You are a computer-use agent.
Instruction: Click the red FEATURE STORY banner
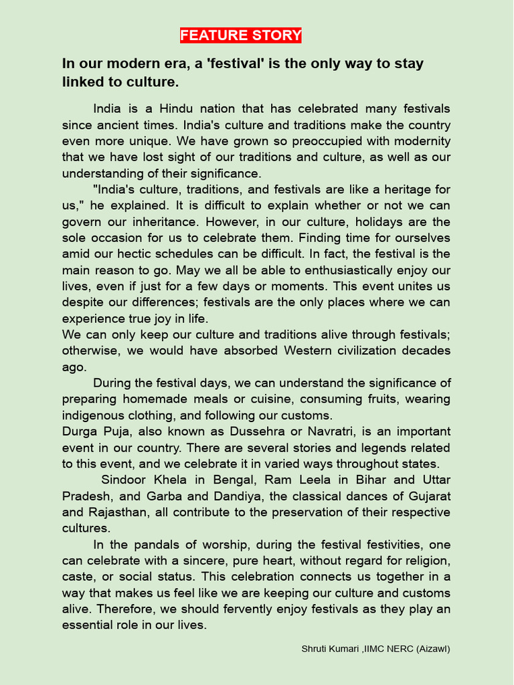click(240, 35)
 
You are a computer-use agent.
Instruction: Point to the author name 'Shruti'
click(314, 649)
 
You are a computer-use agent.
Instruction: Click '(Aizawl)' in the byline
click(432, 649)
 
